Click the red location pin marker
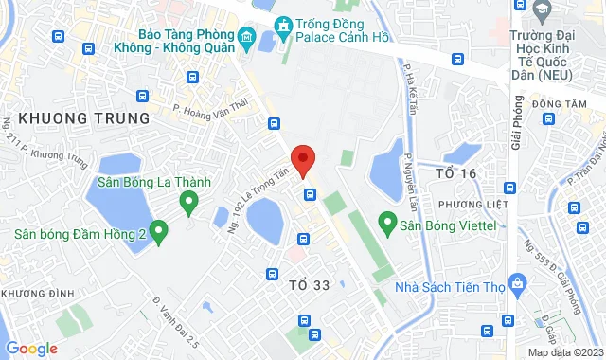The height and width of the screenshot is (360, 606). pyautogui.click(x=302, y=159)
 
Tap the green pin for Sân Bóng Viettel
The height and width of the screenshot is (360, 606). pyautogui.click(x=386, y=224)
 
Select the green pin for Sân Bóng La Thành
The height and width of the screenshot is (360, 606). pyautogui.click(x=187, y=200)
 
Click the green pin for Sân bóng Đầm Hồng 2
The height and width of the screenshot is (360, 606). pyautogui.click(x=159, y=228)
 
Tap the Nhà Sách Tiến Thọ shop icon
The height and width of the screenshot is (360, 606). pyautogui.click(x=517, y=281)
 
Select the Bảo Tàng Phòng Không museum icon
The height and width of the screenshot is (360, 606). pyautogui.click(x=246, y=40)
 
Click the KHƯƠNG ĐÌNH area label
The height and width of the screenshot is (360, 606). pyautogui.click(x=38, y=294)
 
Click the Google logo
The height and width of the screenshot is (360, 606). pyautogui.click(x=31, y=349)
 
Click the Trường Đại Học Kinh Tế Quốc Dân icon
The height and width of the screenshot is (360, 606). pyautogui.click(x=542, y=11)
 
